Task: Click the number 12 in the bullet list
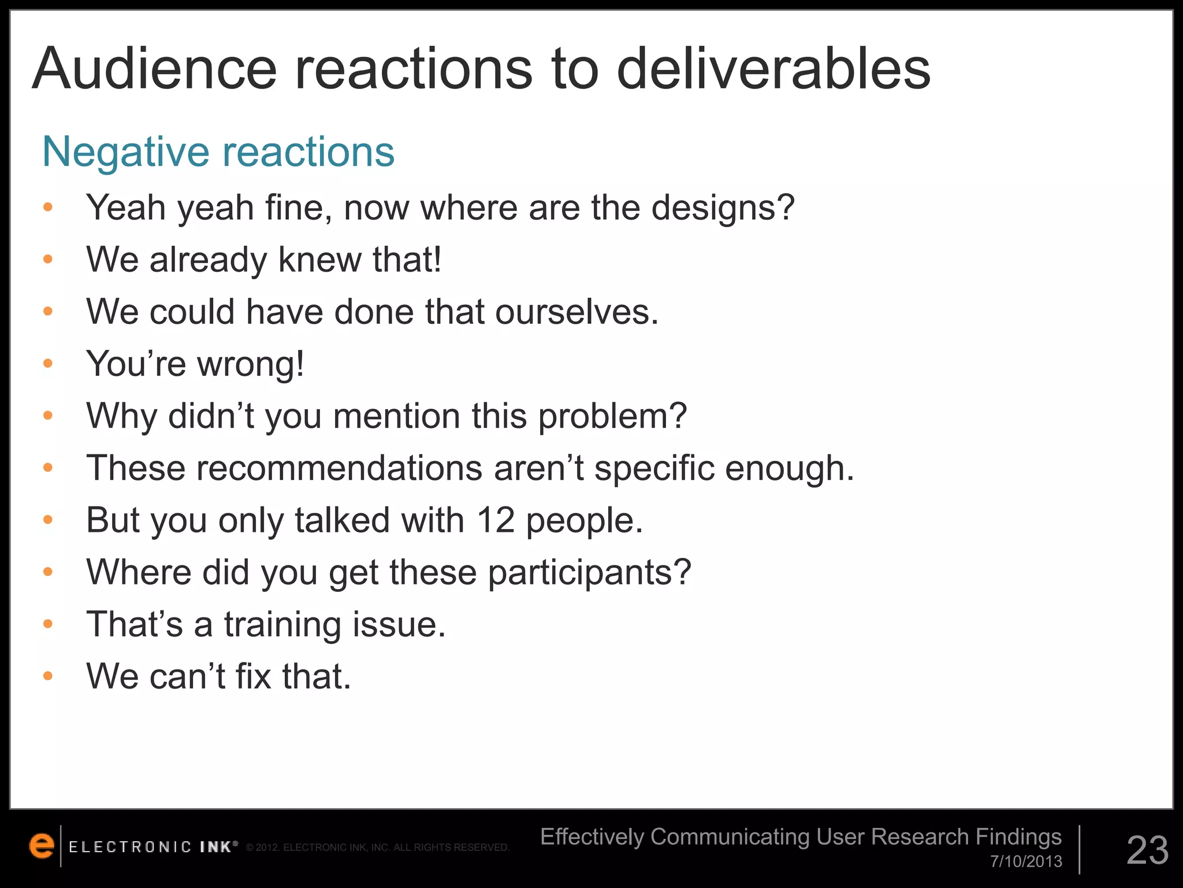coord(496,520)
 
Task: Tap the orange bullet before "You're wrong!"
coord(48,364)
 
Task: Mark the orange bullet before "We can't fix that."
coord(48,676)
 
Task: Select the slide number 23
coord(1147,850)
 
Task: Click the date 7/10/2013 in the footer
coord(1026,861)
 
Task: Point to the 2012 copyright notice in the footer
coord(377,848)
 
